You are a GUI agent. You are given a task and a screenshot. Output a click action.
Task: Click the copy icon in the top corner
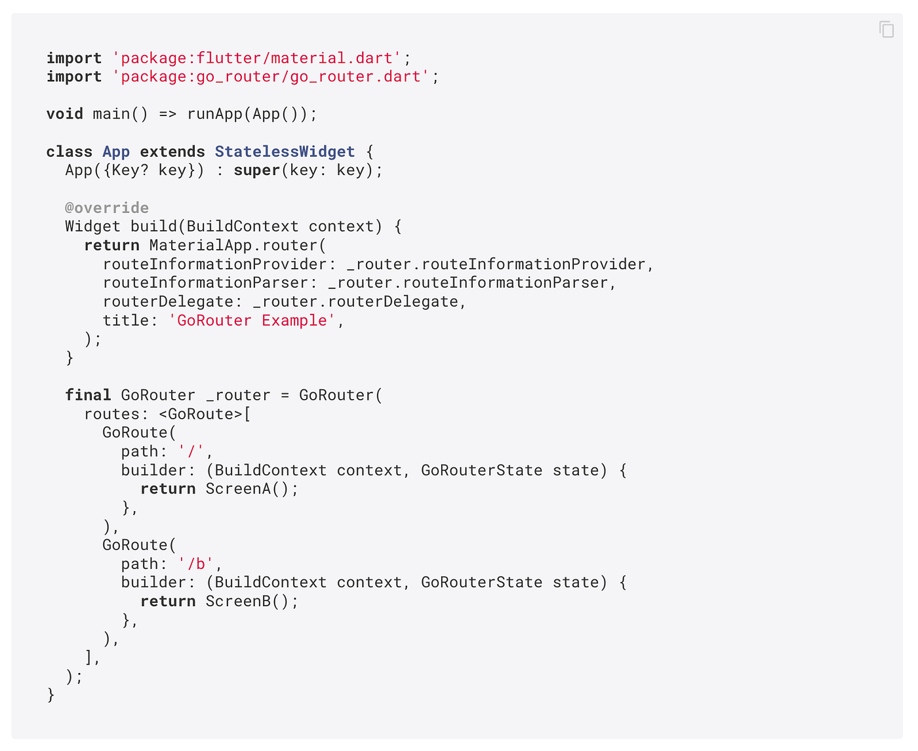coord(887,29)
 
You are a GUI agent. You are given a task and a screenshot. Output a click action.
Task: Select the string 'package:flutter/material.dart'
coord(256,58)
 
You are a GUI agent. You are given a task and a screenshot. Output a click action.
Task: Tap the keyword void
coord(64,114)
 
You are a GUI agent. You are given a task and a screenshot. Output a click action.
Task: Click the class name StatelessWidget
coord(285,152)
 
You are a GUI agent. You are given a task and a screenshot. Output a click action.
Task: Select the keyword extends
coord(172,152)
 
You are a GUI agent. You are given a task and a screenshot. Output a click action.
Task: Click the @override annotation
coord(107,208)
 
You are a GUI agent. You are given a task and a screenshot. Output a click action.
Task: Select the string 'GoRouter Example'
coord(252,320)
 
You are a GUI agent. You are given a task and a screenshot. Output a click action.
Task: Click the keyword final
coord(88,395)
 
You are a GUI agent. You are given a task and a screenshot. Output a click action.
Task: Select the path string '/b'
coord(196,564)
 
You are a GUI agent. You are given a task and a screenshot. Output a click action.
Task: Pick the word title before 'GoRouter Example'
coord(125,320)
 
